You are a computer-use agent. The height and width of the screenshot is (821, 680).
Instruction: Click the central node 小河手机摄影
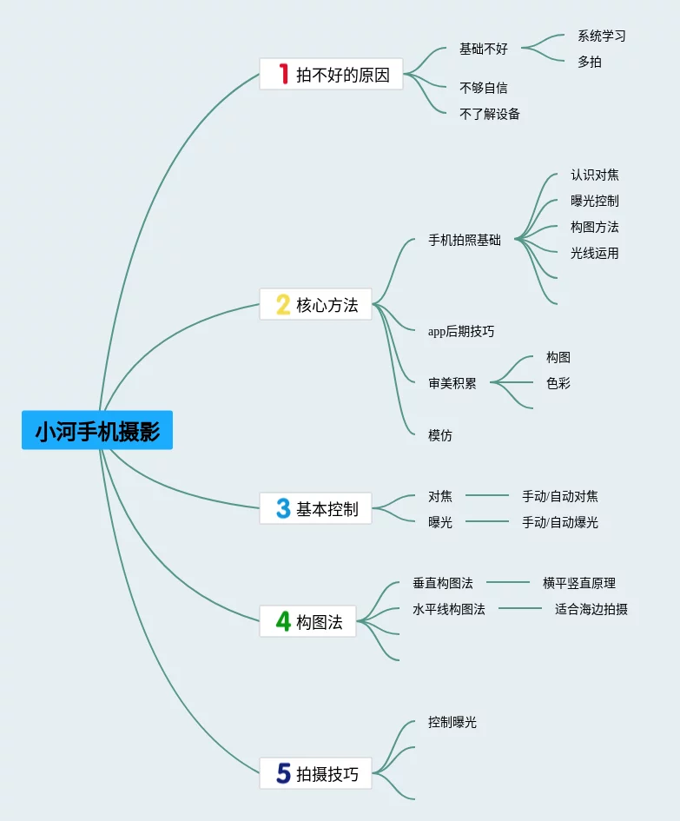97,431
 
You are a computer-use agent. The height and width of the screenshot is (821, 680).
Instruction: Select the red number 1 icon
283,74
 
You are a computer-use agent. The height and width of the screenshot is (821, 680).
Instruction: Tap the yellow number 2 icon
283,304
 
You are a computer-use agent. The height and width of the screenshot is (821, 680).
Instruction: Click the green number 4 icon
283,621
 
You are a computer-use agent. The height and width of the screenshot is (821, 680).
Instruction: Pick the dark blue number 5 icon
283,773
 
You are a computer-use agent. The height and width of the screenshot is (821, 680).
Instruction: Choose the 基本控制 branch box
315,508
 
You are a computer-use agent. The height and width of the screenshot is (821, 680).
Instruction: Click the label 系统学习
601,36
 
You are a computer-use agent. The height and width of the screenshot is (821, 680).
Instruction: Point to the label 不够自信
483,88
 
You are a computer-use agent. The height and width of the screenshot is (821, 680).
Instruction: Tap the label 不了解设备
489,114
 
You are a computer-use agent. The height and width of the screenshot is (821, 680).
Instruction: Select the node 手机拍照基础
465,240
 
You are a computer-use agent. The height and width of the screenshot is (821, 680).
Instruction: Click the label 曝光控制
594,201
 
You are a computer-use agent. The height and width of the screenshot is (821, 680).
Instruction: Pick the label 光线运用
594,253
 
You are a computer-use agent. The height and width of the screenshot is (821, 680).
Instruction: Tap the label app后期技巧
461,331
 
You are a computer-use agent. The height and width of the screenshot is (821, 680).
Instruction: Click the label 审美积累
452,383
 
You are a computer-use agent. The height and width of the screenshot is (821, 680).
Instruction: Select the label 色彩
558,383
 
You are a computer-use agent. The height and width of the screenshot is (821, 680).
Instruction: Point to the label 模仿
439,435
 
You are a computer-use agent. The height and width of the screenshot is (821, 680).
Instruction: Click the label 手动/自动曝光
559,522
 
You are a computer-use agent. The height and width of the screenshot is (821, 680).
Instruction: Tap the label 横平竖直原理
578,583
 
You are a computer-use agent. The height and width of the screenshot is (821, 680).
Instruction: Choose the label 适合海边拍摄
591,609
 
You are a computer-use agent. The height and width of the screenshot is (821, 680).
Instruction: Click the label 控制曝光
452,722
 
